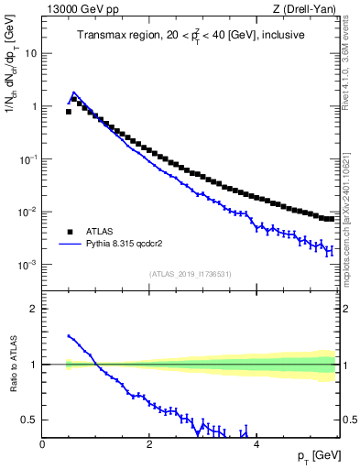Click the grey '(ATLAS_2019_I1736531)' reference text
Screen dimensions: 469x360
[190, 274]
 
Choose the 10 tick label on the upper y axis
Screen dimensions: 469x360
[31, 53]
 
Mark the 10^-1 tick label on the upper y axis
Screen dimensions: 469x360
[29, 158]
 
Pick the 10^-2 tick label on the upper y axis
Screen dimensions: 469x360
[29, 212]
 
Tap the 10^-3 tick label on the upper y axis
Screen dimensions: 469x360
[29, 265]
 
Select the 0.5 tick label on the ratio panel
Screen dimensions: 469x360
[30, 420]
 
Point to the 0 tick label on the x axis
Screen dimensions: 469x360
[42, 444]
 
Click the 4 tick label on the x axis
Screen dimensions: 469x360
[256, 444]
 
